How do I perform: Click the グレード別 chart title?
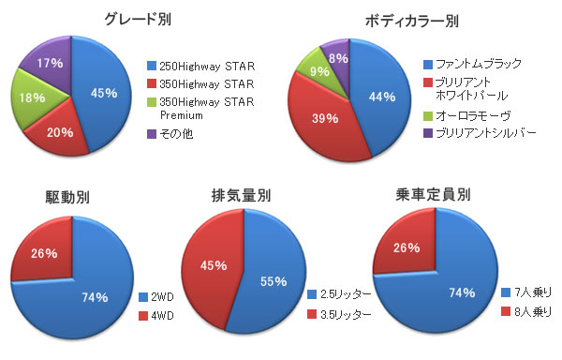click(x=138, y=19)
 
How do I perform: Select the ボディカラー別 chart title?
click(x=412, y=22)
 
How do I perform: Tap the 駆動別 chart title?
click(x=67, y=197)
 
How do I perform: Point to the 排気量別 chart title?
click(x=241, y=195)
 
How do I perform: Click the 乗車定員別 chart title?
click(x=433, y=195)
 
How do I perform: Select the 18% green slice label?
click(x=32, y=97)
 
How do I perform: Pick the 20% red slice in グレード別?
click(x=60, y=133)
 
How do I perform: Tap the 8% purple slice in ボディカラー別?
click(x=338, y=58)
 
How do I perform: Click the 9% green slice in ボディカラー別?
click(x=319, y=71)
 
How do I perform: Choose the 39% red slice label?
click(x=325, y=118)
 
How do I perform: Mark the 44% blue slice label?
click(x=382, y=97)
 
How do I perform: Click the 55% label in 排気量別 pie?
click(x=274, y=281)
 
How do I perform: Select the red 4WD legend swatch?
click(x=143, y=316)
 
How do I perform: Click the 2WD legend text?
click(x=162, y=297)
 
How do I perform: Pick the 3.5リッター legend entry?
click(x=339, y=314)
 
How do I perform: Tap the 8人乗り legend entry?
click(x=526, y=311)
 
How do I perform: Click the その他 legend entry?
click(x=170, y=134)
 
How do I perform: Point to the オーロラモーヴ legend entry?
click(x=467, y=116)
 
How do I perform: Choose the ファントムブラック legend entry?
click(x=472, y=64)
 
